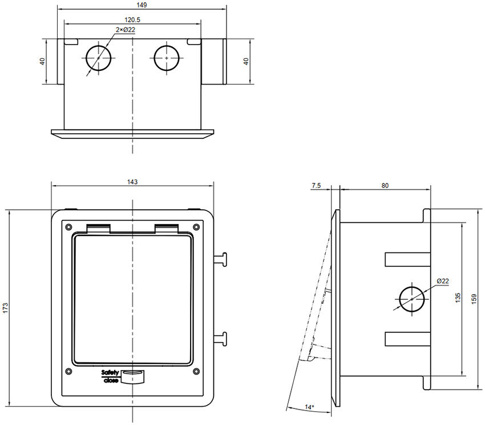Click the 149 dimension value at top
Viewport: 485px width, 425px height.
(x=142, y=5)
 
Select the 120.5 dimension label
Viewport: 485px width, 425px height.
(x=133, y=19)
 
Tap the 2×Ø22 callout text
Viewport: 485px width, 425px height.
(x=126, y=30)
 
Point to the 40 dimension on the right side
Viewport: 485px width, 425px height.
(x=246, y=61)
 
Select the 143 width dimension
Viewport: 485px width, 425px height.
(x=132, y=182)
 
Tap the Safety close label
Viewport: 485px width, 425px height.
(x=110, y=376)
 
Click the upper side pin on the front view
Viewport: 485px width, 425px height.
(x=220, y=259)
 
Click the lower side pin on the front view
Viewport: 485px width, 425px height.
(x=220, y=339)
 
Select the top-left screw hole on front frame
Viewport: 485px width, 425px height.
(x=69, y=224)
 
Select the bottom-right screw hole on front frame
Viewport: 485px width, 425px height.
(x=196, y=371)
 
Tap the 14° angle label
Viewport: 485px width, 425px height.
(x=309, y=407)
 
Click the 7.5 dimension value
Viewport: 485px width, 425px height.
(x=317, y=185)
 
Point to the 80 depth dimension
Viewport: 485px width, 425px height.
(x=385, y=185)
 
